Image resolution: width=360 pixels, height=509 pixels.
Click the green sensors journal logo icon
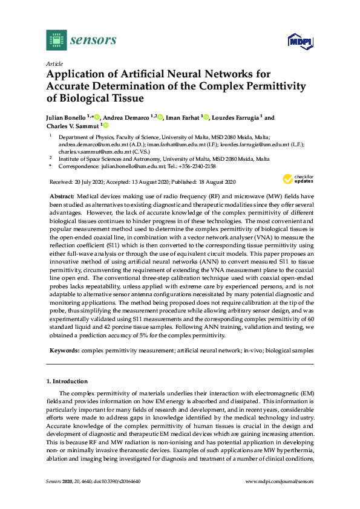click(x=56, y=40)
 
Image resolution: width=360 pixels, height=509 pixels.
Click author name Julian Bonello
click(x=68, y=118)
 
